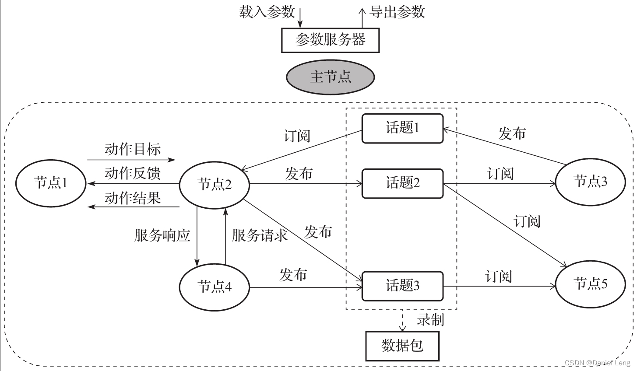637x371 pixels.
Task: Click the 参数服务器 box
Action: pos(330,41)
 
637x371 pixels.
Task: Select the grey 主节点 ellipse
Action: pos(330,77)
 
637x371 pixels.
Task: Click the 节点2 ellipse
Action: pos(215,184)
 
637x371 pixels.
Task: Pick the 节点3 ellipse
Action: pos(590,181)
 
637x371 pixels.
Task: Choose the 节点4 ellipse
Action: pos(215,287)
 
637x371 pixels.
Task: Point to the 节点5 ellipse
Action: pos(590,284)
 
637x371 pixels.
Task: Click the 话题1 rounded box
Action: pos(402,128)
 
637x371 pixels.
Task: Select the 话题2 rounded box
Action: pos(402,182)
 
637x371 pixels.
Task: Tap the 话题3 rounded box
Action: pos(402,286)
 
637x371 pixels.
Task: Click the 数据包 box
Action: pos(402,346)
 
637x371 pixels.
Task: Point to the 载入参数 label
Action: pos(267,12)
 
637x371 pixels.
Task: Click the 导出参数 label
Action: pos(397,12)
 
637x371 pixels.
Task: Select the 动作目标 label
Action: pos(133,149)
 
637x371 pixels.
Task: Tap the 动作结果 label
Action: pos(133,198)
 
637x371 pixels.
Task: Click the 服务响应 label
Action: pos(162,235)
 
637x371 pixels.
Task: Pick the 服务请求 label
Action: pos(260,235)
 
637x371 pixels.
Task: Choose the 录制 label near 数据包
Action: pos(430,320)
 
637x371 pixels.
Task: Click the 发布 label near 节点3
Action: pos(512,133)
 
